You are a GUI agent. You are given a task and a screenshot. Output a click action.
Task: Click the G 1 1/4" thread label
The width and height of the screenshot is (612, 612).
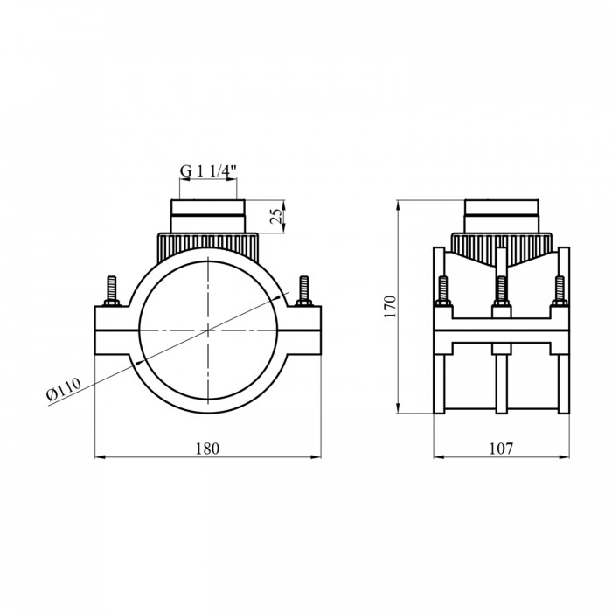[x=208, y=171]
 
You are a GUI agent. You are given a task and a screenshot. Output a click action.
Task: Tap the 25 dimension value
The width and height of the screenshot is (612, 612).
[x=276, y=216]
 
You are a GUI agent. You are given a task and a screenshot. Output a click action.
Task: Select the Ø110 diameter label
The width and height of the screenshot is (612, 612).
[x=64, y=389]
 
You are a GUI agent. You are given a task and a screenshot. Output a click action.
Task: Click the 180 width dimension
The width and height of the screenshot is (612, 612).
[x=208, y=449]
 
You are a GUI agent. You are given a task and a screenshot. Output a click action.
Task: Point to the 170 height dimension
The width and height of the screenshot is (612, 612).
[x=390, y=306]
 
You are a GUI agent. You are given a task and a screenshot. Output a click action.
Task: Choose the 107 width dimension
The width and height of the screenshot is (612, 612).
[x=501, y=449]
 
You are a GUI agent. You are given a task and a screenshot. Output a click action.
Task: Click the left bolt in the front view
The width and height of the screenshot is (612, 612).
[x=112, y=291]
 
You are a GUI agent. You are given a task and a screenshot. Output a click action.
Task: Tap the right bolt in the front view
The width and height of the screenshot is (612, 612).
[x=303, y=291]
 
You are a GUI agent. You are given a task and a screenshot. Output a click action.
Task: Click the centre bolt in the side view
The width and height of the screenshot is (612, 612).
[x=502, y=291]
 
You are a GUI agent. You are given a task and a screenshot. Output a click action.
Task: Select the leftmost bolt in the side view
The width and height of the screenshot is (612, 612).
[x=442, y=291]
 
